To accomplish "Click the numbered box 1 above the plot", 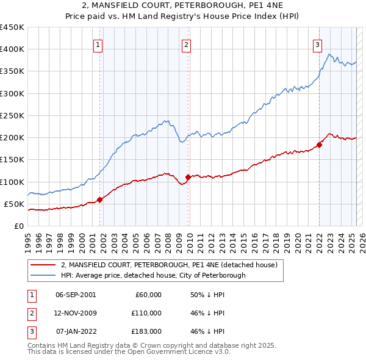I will click(98, 44).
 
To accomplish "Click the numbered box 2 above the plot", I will click(186, 44).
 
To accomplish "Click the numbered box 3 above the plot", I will click(317, 44).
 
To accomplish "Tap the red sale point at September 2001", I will click(100, 200).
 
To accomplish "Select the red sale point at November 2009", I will click(188, 177).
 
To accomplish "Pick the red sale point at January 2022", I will click(319, 145).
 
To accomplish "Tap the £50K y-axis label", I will click(14, 204).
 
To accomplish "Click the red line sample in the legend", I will click(43, 265).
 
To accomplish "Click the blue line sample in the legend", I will click(43, 275).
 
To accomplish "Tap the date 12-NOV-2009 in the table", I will click(75, 313).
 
